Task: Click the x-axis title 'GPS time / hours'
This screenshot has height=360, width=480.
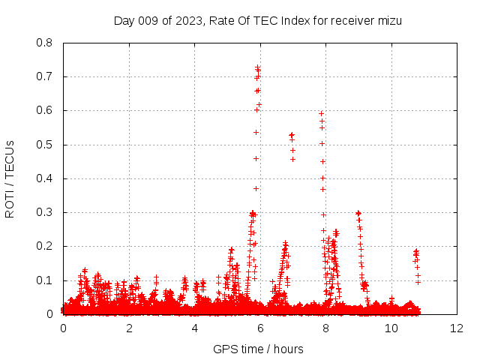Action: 259,349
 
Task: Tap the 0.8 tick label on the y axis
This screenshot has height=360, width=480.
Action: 44,43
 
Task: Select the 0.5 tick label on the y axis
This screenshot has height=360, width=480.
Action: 44,145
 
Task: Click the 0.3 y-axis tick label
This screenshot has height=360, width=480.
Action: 44,212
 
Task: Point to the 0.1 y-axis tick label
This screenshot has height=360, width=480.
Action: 44,280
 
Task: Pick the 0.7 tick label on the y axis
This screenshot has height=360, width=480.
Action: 44,76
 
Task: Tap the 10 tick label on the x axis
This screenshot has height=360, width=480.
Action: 391,328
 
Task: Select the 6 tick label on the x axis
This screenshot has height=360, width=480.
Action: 260,328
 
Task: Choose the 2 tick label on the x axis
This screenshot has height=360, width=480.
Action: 129,328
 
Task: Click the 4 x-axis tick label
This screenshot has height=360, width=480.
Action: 195,328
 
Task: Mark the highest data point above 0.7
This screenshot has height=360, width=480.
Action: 257,67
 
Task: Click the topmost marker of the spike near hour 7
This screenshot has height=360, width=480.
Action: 292,135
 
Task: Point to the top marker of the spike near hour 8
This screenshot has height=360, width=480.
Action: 321,113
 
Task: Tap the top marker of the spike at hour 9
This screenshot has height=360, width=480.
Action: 358,213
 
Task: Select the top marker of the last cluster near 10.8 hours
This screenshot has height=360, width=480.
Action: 416,251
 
